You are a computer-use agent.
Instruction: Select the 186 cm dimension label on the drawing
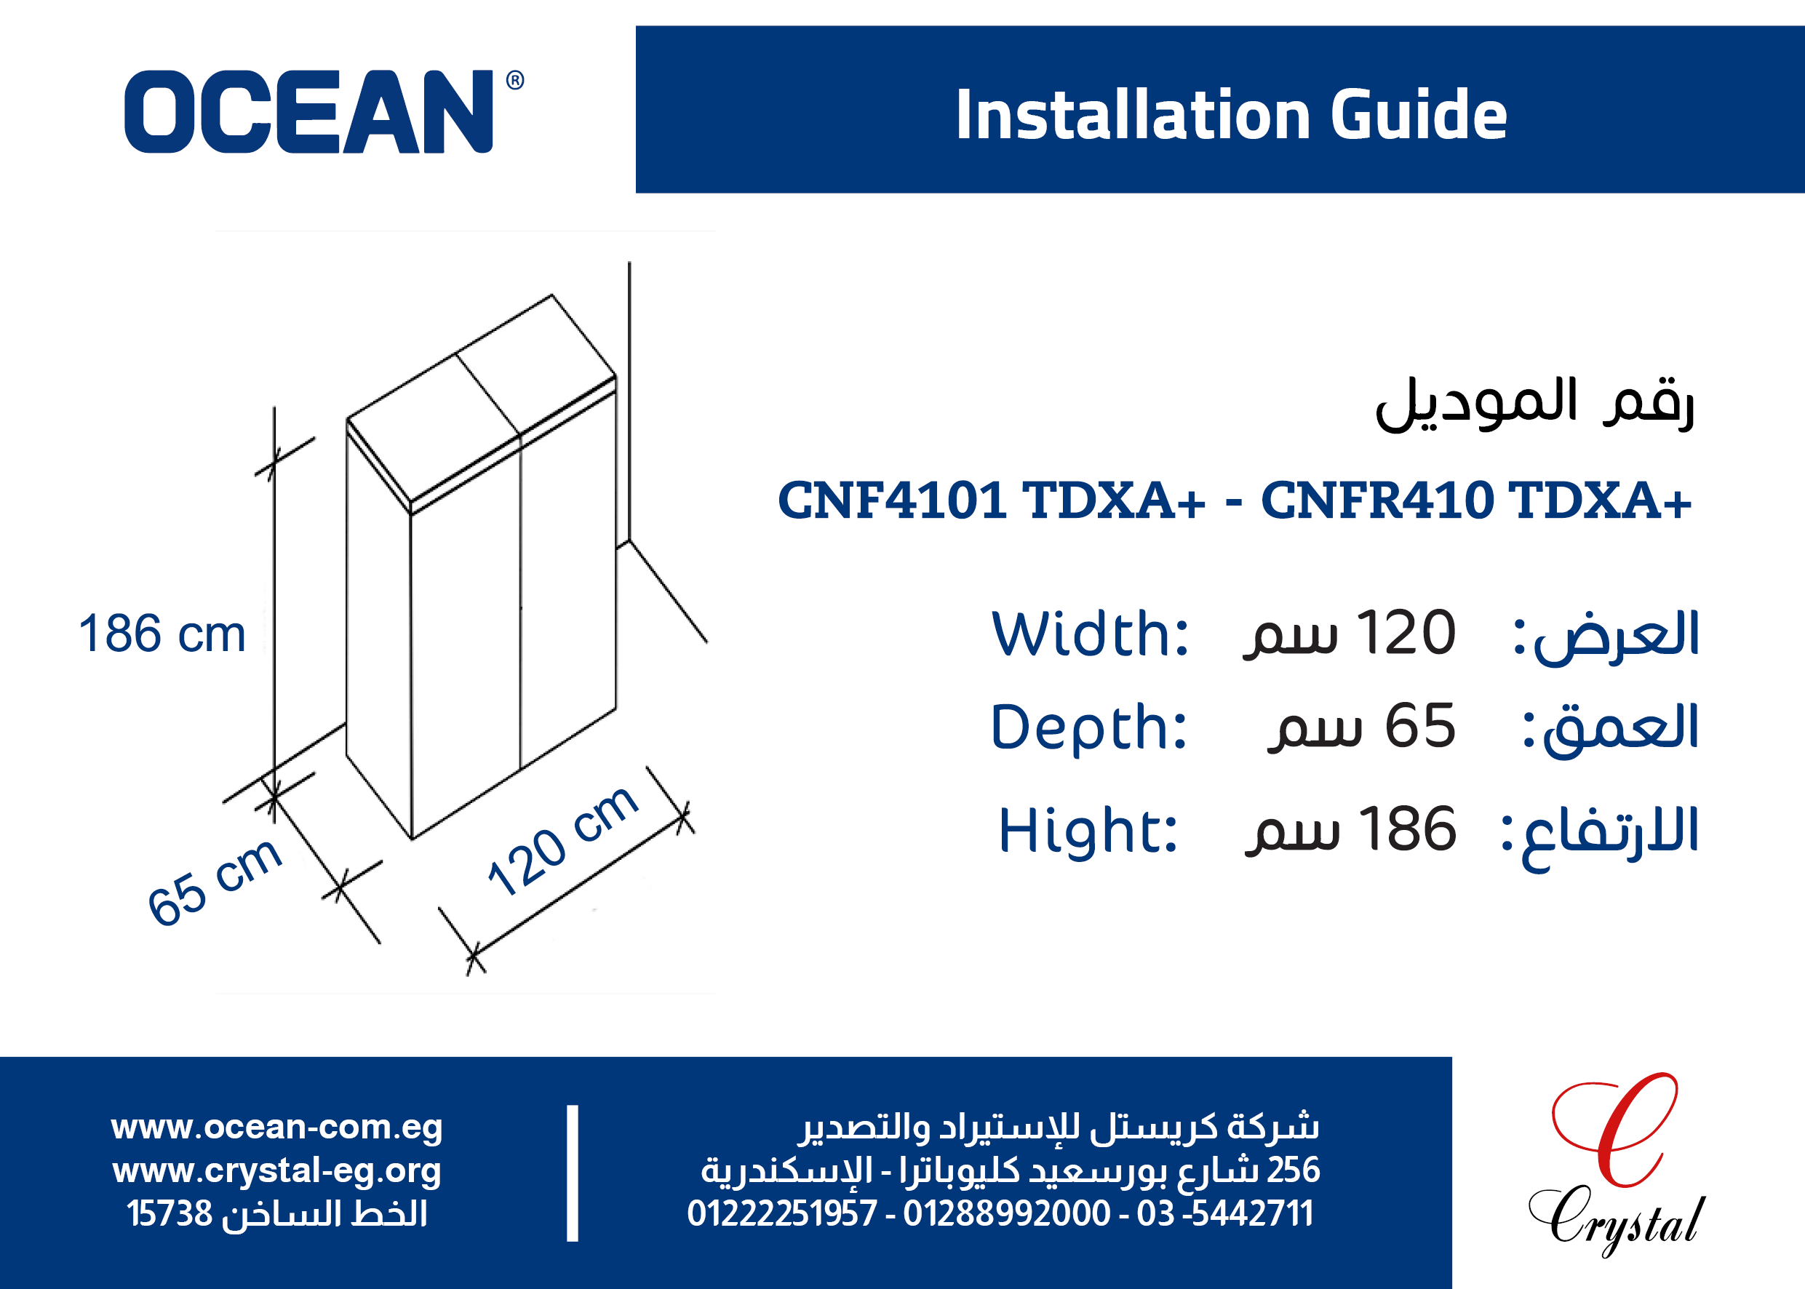(162, 634)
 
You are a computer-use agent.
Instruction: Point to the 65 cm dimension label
(215, 881)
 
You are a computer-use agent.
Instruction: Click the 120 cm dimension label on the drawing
(562, 842)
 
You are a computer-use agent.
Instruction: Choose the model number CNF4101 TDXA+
(992, 500)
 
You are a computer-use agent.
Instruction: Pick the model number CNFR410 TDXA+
(1476, 500)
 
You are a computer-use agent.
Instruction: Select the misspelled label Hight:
(1088, 829)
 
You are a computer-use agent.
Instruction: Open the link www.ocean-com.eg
(277, 1127)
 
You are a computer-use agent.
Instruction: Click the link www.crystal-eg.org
(277, 1170)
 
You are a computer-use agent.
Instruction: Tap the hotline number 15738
(170, 1213)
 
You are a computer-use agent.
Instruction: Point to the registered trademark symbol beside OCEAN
(515, 80)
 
